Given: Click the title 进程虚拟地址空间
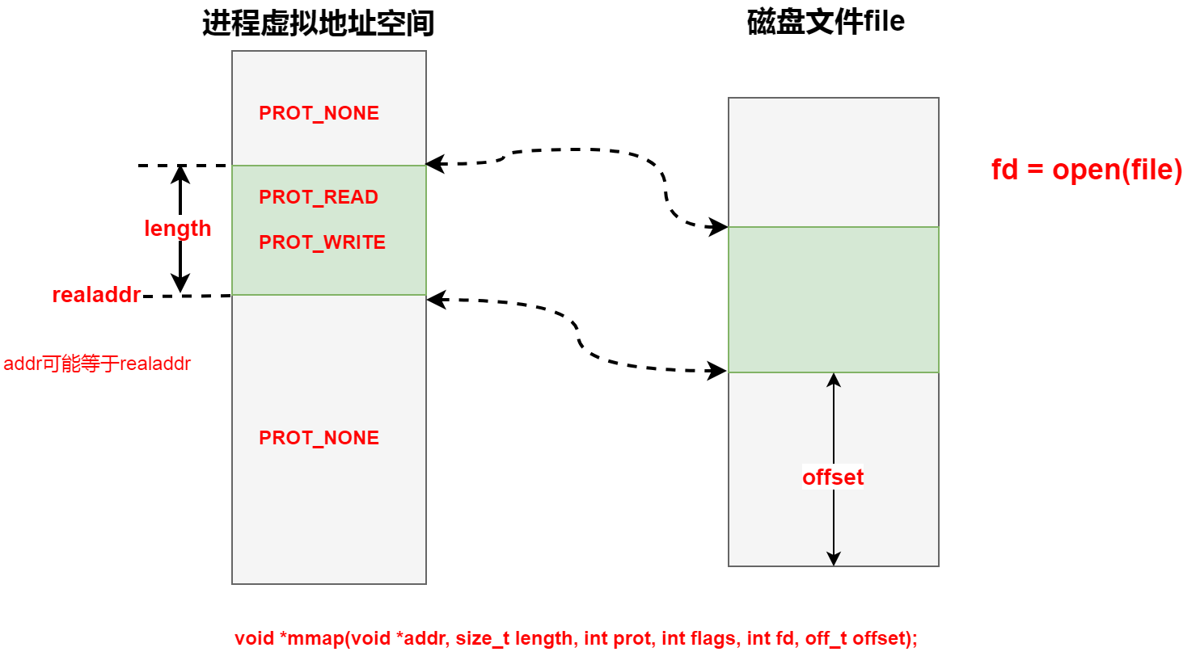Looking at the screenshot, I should point(318,24).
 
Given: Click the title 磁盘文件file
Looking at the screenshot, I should point(826,22).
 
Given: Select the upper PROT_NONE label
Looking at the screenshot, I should point(319,113).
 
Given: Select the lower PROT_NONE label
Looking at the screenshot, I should point(319,438).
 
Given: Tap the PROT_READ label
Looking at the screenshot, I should point(319,197).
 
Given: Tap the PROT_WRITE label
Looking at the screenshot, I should point(322,242).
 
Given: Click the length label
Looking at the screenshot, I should point(177,229).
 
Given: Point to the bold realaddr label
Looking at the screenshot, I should point(96,295).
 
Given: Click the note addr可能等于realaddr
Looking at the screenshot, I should point(97,364).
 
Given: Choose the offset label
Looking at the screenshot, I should point(833,477).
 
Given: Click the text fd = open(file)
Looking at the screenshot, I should point(1087,170).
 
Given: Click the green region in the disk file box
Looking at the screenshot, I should point(833,299).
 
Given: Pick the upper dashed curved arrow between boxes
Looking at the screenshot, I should point(582,151).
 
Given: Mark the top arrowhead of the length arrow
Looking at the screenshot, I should point(180,171).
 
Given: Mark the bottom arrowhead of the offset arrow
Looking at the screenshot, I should point(834,559).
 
